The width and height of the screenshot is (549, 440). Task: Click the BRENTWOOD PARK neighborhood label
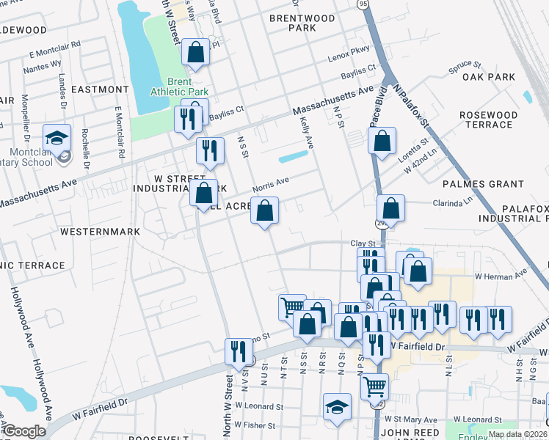[x=291, y=22]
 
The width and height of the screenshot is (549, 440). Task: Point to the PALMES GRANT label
[x=482, y=184]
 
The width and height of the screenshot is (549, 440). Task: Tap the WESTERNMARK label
[x=90, y=231]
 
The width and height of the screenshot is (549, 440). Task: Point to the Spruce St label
[x=465, y=73]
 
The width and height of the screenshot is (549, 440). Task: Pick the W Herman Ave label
[x=501, y=276]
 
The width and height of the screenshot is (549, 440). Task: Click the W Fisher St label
[x=250, y=425]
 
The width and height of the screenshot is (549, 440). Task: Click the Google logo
[x=24, y=432]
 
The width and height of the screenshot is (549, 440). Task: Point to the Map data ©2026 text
[x=516, y=434]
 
